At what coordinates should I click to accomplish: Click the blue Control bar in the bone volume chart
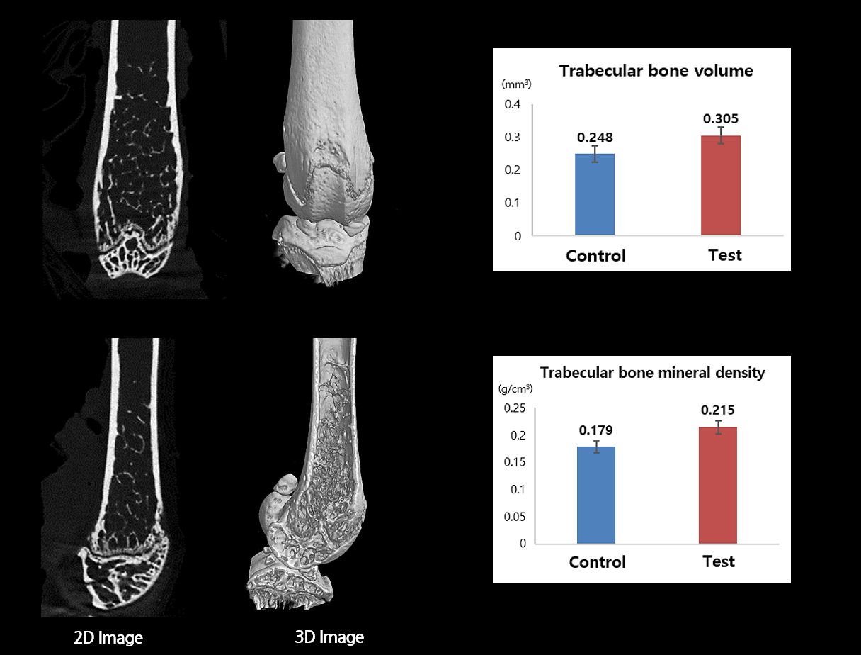pyautogui.click(x=595, y=194)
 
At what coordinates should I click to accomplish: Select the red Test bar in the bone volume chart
pyautogui.click(x=721, y=185)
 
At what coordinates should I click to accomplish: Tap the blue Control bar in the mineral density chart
pyautogui.click(x=596, y=495)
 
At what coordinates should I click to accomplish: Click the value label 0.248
pyautogui.click(x=595, y=137)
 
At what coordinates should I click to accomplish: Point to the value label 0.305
pyautogui.click(x=721, y=118)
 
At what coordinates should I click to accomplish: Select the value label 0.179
pyautogui.click(x=596, y=430)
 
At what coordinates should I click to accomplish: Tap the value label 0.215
pyautogui.click(x=718, y=410)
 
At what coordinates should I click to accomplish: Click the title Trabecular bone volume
pyautogui.click(x=656, y=71)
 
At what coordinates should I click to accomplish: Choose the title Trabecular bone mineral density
pyautogui.click(x=652, y=372)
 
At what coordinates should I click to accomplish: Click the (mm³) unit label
pyautogui.click(x=516, y=84)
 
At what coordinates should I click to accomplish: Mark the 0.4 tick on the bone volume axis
pyautogui.click(x=512, y=105)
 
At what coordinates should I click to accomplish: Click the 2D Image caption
pyautogui.click(x=108, y=638)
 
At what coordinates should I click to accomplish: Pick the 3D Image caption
pyautogui.click(x=329, y=637)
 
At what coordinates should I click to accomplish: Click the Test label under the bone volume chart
pyautogui.click(x=725, y=254)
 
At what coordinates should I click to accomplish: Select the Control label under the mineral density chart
pyautogui.click(x=598, y=562)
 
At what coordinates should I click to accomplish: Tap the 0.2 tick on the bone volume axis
pyautogui.click(x=512, y=170)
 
